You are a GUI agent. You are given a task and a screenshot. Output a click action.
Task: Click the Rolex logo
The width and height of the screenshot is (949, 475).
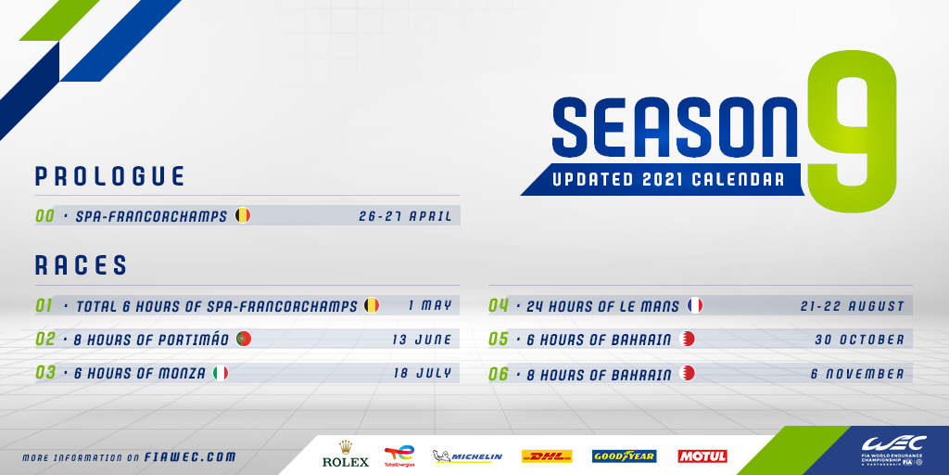(x=346, y=455)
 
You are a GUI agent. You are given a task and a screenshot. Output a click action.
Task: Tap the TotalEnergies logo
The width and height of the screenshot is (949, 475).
(x=399, y=456)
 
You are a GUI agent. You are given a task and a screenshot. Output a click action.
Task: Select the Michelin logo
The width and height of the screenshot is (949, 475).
(x=467, y=456)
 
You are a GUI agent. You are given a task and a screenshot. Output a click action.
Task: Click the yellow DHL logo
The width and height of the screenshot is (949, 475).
(x=547, y=456)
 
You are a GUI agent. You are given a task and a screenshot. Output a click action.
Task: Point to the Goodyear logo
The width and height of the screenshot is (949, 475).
(x=624, y=456)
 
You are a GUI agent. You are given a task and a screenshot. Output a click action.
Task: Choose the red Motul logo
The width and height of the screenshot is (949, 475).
(x=702, y=456)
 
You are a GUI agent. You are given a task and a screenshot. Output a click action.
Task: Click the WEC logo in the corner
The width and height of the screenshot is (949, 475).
(x=894, y=451)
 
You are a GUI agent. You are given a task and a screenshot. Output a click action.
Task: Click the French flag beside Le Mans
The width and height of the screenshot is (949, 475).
(x=695, y=305)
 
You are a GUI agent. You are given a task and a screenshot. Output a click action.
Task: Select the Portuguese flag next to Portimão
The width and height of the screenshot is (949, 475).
(x=244, y=339)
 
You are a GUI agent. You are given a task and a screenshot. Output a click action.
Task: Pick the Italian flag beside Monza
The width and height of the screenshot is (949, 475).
(x=221, y=373)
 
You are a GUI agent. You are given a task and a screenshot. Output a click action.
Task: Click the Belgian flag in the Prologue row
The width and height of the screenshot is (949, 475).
(x=243, y=215)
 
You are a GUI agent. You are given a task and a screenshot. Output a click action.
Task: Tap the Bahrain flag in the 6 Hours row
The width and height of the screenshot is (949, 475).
(x=687, y=339)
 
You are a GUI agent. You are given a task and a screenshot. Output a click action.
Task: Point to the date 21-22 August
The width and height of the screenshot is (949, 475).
(x=853, y=306)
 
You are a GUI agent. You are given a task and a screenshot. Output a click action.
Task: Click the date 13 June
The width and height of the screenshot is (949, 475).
(x=422, y=340)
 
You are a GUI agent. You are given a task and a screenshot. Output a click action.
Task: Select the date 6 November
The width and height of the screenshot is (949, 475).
(x=857, y=374)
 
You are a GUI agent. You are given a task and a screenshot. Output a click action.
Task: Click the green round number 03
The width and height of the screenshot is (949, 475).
(x=45, y=373)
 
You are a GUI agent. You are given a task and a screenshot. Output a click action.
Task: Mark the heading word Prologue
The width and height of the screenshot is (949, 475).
(x=109, y=175)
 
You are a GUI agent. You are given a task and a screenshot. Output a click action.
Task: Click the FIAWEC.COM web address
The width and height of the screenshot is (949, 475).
(x=190, y=457)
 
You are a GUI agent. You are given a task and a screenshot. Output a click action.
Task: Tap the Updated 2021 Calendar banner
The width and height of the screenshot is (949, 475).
(x=664, y=179)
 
